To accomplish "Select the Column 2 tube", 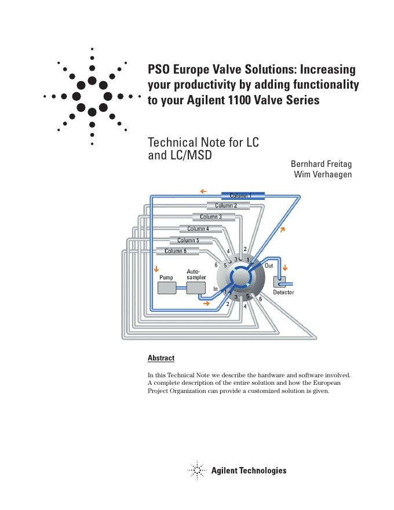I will (228, 206).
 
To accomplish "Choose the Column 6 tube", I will (177, 252).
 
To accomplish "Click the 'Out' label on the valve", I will (269, 265).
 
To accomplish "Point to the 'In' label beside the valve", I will (216, 289).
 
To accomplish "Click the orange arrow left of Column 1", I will (203, 191).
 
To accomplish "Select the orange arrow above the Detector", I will (284, 269).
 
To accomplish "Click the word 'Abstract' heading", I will (161, 358).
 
